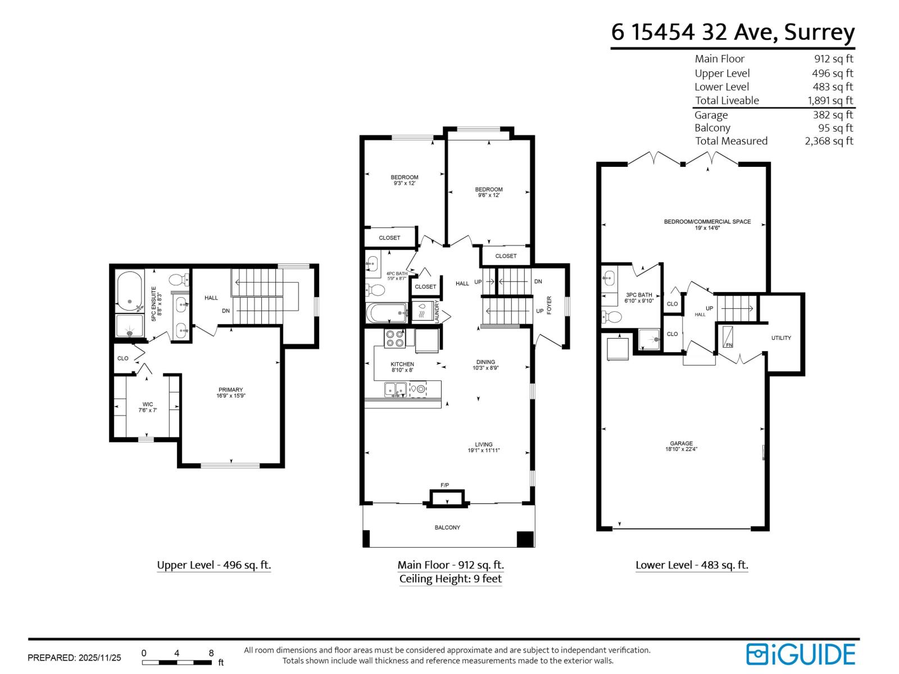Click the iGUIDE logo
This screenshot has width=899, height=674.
(x=800, y=654)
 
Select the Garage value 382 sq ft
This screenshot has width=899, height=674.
(x=833, y=115)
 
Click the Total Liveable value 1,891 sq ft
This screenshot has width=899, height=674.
(x=830, y=101)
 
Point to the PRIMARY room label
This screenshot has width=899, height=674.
(x=231, y=393)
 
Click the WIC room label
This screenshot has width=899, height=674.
(x=148, y=407)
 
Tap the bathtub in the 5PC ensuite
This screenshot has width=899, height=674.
(x=130, y=291)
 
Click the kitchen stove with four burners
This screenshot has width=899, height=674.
(x=394, y=338)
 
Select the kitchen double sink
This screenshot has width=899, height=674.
(x=396, y=389)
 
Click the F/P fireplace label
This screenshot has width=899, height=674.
(x=444, y=485)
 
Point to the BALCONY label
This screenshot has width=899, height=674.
(x=447, y=527)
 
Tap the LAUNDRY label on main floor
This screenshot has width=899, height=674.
(x=437, y=311)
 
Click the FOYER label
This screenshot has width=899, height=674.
(x=549, y=305)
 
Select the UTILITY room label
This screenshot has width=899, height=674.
(x=781, y=338)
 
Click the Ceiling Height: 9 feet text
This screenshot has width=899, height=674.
(x=450, y=579)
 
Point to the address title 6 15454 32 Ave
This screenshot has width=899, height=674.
(x=733, y=32)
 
